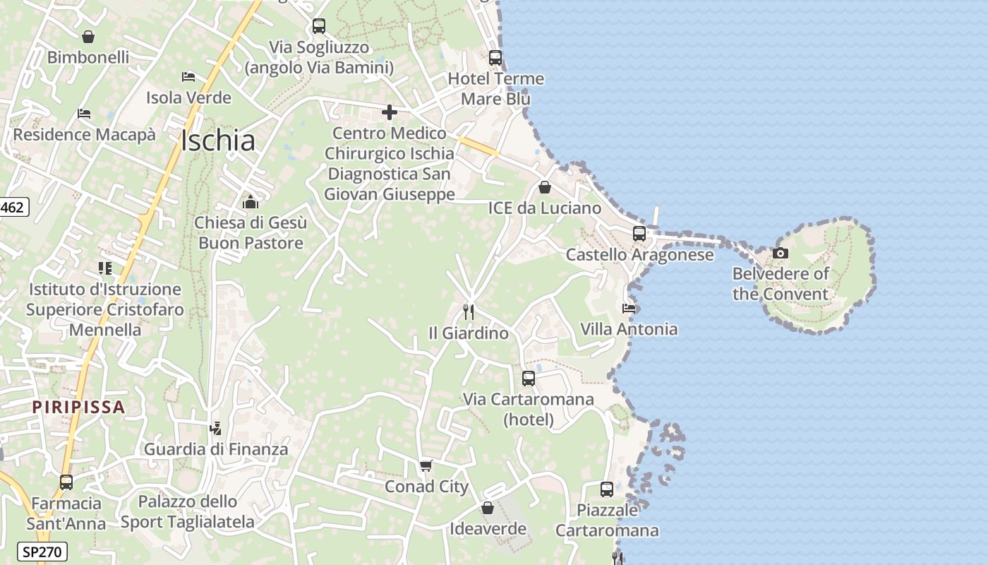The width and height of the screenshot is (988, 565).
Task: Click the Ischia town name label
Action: pyautogui.click(x=217, y=141)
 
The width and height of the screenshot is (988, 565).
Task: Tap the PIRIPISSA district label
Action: pyautogui.click(x=79, y=407)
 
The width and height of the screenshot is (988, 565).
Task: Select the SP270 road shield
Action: pyautogui.click(x=42, y=552)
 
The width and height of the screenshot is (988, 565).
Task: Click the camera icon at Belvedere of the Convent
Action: pyautogui.click(x=780, y=253)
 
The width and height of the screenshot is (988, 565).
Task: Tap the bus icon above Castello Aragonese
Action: pyautogui.click(x=639, y=234)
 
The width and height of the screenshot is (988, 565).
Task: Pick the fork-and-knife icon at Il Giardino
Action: pyautogui.click(x=468, y=311)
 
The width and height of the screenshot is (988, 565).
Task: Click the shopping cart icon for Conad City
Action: pyautogui.click(x=426, y=465)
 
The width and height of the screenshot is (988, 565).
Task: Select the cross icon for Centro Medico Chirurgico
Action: pyautogui.click(x=390, y=112)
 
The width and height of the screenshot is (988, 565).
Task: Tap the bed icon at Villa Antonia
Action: pyautogui.click(x=628, y=308)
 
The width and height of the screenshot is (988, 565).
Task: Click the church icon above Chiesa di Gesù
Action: pyautogui.click(x=251, y=203)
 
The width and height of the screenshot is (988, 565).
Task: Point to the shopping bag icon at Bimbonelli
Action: pyautogui.click(x=88, y=37)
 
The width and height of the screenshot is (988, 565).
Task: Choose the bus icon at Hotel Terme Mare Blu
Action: pyautogui.click(x=495, y=58)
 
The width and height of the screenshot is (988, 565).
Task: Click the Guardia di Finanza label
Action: pyautogui.click(x=216, y=449)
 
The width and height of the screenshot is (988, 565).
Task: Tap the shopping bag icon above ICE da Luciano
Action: pyautogui.click(x=545, y=187)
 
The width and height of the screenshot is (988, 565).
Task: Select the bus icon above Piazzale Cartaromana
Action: pyautogui.click(x=607, y=489)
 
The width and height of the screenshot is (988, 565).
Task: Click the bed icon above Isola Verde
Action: pyautogui.click(x=188, y=76)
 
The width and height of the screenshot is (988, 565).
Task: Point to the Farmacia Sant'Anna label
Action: pyautogui.click(x=66, y=513)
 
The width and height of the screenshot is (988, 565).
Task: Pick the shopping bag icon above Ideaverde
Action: pyautogui.click(x=488, y=508)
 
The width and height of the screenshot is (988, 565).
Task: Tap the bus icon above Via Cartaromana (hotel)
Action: pyautogui.click(x=529, y=378)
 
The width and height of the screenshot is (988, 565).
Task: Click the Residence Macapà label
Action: pyautogui.click(x=84, y=134)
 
